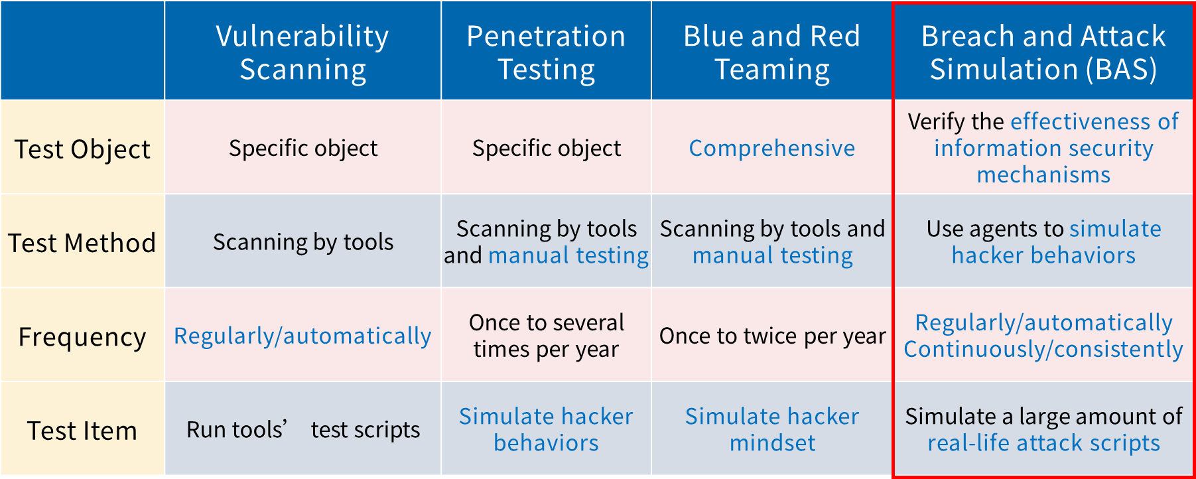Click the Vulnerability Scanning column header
tap(302, 52)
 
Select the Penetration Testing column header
tap(546, 52)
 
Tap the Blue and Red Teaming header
tap(771, 52)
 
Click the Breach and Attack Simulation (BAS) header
tap(1043, 52)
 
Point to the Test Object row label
tap(82, 149)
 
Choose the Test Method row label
tap(82, 243)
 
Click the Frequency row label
tap(82, 337)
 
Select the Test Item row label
tap(82, 431)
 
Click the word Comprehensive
tap(772, 148)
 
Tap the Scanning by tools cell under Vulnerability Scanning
tap(303, 242)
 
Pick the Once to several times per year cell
tap(546, 336)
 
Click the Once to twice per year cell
tap(772, 336)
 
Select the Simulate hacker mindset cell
tap(772, 429)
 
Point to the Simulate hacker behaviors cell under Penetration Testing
tap(546, 429)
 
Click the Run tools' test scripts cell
tap(303, 430)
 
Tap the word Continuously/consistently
tap(1043, 350)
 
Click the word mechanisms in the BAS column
tap(1043, 174)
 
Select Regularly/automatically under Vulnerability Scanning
tap(302, 336)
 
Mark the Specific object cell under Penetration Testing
tap(547, 148)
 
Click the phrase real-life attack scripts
tap(1043, 443)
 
